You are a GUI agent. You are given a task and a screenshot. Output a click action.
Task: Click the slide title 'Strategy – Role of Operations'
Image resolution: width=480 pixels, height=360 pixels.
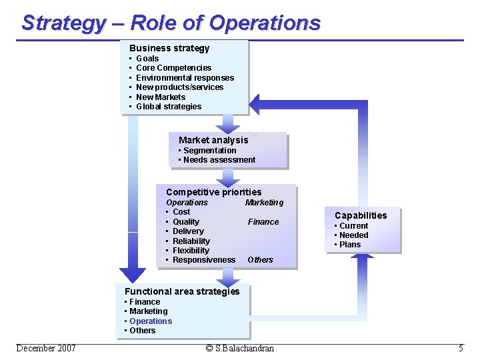click(171, 23)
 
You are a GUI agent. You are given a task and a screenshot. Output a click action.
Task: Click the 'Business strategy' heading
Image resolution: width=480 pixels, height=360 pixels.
click(169, 48)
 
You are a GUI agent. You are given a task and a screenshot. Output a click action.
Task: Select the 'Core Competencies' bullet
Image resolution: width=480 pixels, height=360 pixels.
click(173, 68)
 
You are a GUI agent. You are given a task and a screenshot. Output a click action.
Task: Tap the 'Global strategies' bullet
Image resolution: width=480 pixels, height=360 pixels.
click(169, 107)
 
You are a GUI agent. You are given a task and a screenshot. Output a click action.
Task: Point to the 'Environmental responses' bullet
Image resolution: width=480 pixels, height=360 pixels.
click(185, 77)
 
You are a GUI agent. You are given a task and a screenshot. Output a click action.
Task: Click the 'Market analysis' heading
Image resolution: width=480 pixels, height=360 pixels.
click(213, 140)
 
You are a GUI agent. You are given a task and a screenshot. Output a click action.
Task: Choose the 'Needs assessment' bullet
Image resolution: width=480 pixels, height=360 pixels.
click(219, 160)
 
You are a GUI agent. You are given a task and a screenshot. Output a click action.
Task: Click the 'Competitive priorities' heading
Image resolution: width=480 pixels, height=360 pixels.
click(214, 192)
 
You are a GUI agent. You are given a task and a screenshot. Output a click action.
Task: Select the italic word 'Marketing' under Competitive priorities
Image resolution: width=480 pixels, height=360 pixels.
click(264, 203)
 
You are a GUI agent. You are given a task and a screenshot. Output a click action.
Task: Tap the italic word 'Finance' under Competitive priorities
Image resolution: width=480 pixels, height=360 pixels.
click(263, 222)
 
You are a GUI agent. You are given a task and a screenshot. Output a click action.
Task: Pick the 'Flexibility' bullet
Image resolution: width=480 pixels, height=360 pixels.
click(191, 251)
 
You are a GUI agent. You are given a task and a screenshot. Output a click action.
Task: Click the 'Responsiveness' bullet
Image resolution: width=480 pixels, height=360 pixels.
click(204, 260)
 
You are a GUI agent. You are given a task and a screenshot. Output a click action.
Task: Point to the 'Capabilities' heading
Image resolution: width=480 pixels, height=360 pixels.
click(361, 215)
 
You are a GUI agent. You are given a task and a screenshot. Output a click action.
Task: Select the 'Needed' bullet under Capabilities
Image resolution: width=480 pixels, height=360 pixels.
click(353, 235)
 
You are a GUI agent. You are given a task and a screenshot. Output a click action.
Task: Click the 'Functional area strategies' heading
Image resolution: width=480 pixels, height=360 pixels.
click(182, 291)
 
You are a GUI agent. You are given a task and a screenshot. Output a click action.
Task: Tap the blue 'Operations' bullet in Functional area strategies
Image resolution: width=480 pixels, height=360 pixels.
click(151, 321)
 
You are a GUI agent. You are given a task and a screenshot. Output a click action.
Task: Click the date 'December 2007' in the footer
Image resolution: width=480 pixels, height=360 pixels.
click(46, 348)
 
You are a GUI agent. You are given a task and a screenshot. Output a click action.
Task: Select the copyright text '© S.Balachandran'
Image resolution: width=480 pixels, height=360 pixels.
click(239, 348)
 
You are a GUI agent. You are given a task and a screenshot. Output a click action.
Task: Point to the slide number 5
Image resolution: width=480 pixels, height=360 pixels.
click(461, 348)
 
